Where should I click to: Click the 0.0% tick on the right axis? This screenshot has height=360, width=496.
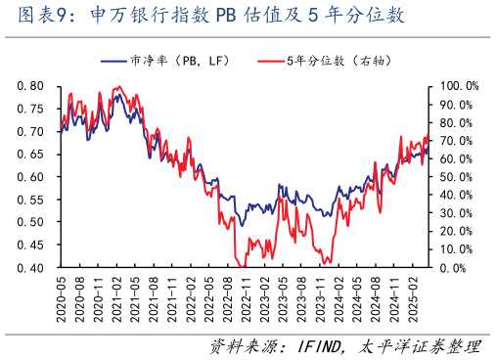(x=452, y=267)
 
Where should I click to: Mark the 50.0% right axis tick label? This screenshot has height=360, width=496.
(x=454, y=177)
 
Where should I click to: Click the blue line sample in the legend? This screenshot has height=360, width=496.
(x=113, y=61)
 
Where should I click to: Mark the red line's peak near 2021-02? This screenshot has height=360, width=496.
(x=117, y=87)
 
